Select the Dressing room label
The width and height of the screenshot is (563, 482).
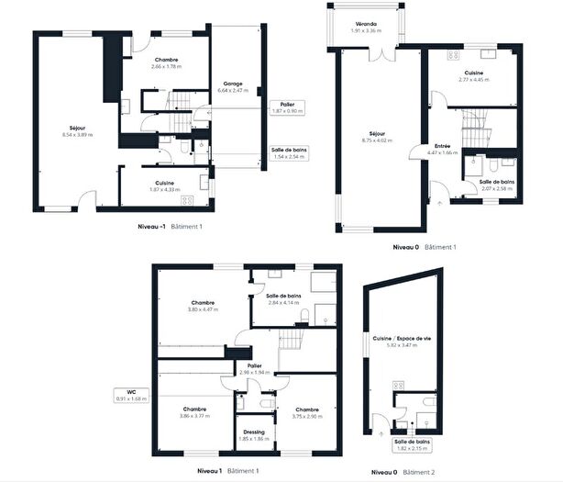pos(254,435)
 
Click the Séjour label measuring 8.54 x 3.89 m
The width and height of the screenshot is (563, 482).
pos(78,130)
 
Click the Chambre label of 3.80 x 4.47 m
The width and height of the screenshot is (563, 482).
pos(204,306)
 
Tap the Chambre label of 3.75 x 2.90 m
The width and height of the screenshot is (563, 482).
pos(306,412)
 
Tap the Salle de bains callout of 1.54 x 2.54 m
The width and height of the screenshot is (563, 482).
pos(289,152)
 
